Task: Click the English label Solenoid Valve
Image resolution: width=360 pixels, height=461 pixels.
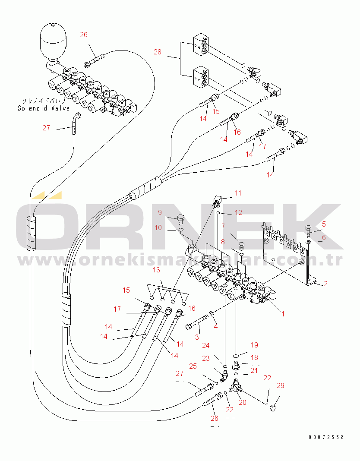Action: coord(43,108)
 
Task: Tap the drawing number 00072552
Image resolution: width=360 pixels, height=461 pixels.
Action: coord(326,437)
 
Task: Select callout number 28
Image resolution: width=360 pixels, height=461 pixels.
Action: coord(158,52)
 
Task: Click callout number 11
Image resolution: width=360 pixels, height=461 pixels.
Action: coord(238,193)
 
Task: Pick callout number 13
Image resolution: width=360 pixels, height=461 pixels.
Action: coord(156,270)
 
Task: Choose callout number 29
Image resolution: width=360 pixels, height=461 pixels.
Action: coord(281,385)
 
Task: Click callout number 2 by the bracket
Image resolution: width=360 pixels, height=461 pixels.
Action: coord(325,284)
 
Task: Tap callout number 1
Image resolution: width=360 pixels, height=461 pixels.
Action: coord(283,314)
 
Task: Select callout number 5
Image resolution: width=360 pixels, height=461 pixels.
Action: coord(324,224)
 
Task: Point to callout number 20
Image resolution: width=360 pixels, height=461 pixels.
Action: coord(243,402)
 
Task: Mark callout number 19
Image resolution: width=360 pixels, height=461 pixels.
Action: coord(254,345)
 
